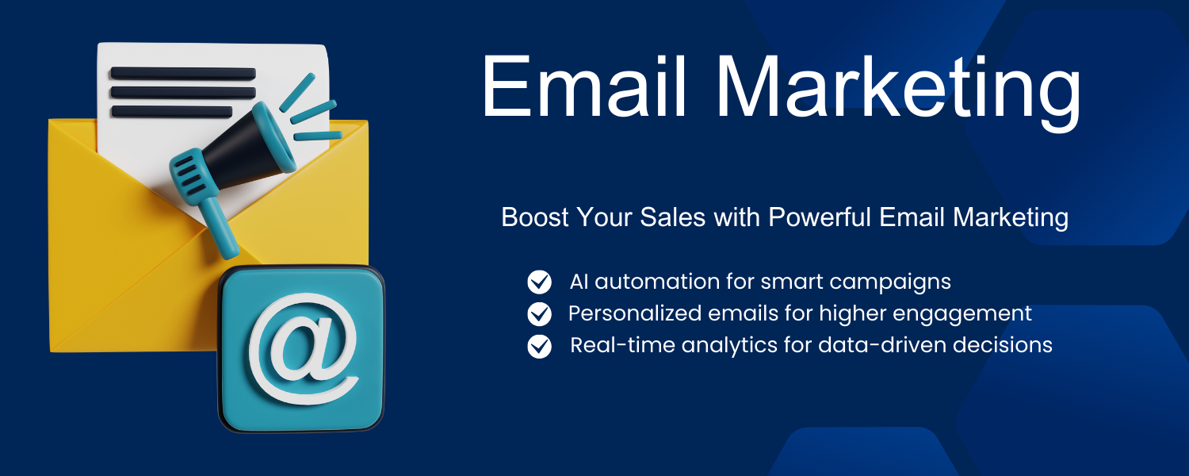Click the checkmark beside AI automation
pos(539,282)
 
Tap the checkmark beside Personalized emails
pos(539,313)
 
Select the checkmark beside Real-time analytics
pos(539,346)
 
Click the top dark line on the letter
pos(183,73)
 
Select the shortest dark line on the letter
pos(171,112)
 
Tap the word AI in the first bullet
pos(579,282)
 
